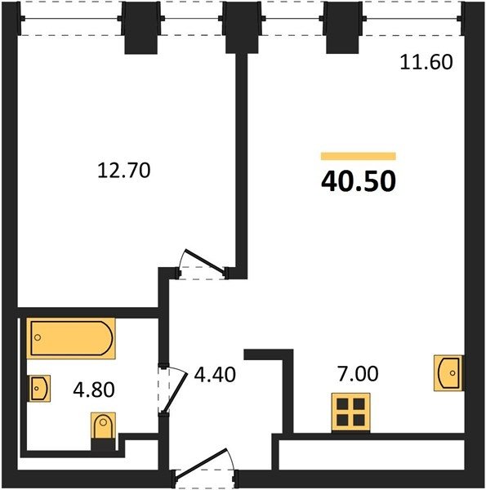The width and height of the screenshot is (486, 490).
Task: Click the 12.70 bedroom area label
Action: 124,171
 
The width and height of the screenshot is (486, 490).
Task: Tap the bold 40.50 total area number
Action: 359,182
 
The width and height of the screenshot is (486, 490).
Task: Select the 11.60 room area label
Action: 426,62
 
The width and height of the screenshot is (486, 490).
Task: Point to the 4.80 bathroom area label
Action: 94,390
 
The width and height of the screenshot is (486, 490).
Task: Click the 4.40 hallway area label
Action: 215,375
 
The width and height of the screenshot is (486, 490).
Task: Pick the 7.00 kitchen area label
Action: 358,374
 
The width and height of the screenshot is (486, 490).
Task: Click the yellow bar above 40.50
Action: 359,156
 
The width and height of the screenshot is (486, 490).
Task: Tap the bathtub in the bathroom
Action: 71,338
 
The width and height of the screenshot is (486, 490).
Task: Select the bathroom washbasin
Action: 40,389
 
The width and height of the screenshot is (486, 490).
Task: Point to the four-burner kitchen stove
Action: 351,412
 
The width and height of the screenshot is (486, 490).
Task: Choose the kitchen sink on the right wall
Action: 448,373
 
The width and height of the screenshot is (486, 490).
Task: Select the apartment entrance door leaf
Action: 201,463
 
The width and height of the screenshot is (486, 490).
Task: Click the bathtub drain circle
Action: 38,337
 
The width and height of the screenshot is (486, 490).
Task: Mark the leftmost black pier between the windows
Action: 140,28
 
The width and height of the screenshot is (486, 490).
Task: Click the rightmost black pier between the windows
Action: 342,28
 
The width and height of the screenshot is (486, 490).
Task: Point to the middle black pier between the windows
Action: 242,28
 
